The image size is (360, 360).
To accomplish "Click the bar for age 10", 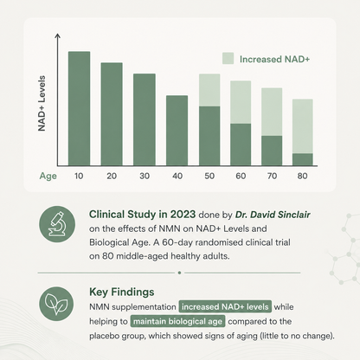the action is (79, 108).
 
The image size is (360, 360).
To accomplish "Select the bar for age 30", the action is (145, 119).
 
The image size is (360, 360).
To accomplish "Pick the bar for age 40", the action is (177, 131).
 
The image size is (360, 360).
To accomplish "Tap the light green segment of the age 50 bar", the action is (209, 90).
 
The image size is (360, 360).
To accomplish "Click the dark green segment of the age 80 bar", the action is (303, 159).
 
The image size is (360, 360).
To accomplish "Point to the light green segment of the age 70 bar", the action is (272, 112).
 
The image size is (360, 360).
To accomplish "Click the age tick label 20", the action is (112, 176).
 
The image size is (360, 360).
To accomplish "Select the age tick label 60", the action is (241, 176).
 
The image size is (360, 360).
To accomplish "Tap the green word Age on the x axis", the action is (48, 177).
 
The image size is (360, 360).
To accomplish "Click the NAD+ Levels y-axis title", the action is (42, 103).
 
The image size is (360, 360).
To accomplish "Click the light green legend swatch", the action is (228, 58).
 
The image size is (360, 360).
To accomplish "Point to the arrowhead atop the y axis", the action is (58, 35).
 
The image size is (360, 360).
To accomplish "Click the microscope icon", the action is (57, 224).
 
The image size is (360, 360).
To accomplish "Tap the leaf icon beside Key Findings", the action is (56, 304).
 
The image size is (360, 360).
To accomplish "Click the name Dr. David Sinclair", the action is (273, 215).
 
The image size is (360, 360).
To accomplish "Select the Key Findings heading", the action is (122, 292).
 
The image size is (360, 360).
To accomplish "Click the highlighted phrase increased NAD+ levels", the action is (225, 306).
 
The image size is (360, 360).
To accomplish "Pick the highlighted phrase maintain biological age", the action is (177, 321).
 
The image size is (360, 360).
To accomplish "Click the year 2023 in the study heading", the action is (183, 215).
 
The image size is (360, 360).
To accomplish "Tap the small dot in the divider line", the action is (179, 273).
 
